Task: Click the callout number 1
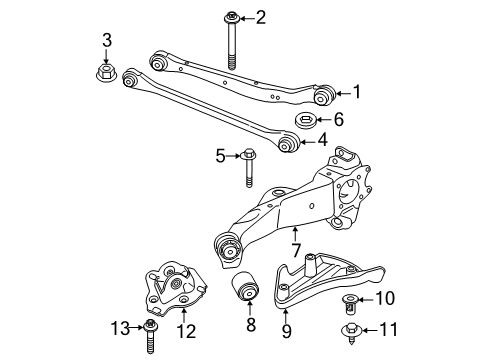(356, 92)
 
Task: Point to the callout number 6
(338, 119)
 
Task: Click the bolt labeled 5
(247, 167)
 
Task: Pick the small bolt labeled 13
(150, 333)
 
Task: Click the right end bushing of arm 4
(288, 146)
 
